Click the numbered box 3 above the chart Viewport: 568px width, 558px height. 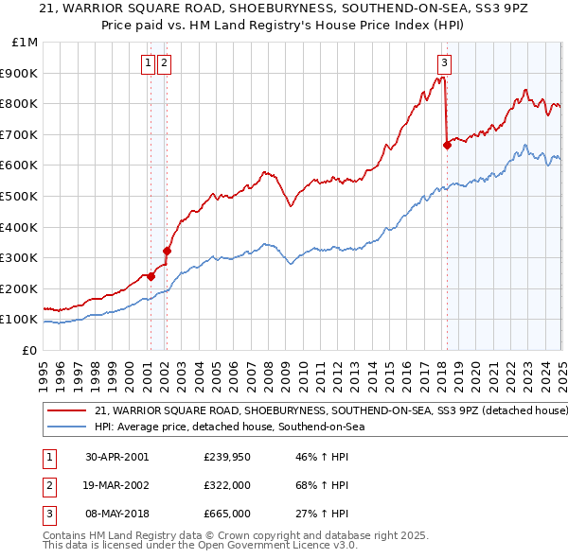click(x=445, y=63)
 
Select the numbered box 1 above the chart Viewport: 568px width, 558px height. click(x=149, y=63)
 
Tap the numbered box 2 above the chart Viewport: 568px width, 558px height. click(x=165, y=63)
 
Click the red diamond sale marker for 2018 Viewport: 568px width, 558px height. click(x=446, y=145)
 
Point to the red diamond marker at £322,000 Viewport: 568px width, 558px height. click(x=167, y=251)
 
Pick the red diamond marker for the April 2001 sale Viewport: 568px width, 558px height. click(x=151, y=276)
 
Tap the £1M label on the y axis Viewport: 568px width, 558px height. click(x=25, y=42)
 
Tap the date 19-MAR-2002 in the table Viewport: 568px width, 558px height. click(x=116, y=485)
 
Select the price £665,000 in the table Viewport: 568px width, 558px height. click(x=227, y=514)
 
